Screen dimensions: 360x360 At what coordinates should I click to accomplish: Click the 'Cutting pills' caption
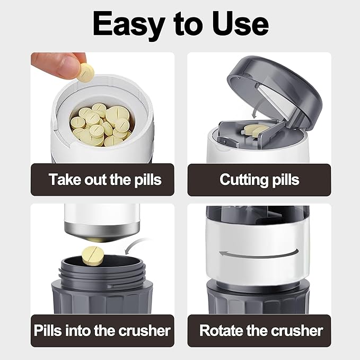point(259,179)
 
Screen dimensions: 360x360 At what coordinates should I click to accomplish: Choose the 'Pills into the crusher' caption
point(102,331)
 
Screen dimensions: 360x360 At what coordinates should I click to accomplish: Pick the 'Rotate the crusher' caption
point(261,331)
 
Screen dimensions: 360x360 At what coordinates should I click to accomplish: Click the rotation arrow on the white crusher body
point(257,253)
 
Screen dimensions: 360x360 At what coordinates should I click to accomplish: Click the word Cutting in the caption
point(240,179)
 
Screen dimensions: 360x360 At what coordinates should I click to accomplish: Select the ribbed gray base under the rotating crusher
point(258,300)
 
